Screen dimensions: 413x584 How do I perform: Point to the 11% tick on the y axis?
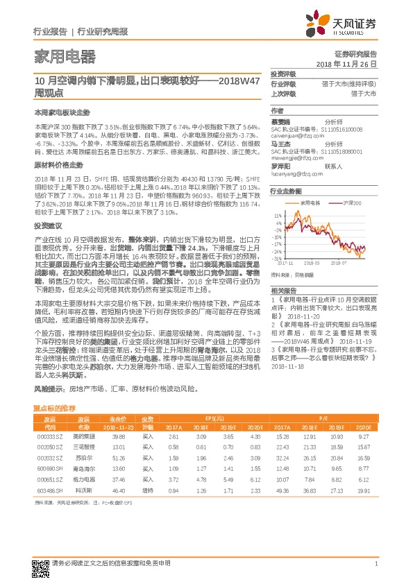tap(278, 216)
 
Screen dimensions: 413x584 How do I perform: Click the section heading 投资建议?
tap(48, 226)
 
